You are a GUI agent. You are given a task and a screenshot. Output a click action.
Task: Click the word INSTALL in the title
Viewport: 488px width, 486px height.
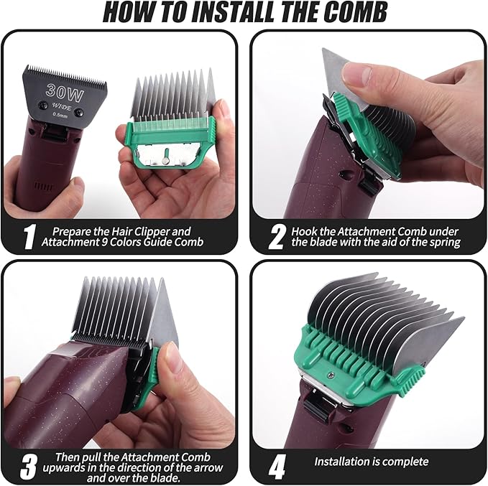tap(215, 13)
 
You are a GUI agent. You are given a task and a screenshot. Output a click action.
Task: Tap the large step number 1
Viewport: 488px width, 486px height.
tap(28, 237)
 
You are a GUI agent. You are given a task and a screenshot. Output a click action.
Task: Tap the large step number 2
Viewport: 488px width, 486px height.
tap(276, 237)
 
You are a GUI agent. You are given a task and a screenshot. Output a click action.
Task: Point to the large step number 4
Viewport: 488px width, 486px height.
tap(277, 466)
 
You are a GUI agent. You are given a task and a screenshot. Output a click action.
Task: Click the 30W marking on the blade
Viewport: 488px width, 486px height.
tap(63, 90)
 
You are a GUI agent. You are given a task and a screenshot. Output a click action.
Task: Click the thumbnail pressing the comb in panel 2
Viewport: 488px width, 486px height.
tap(357, 73)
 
